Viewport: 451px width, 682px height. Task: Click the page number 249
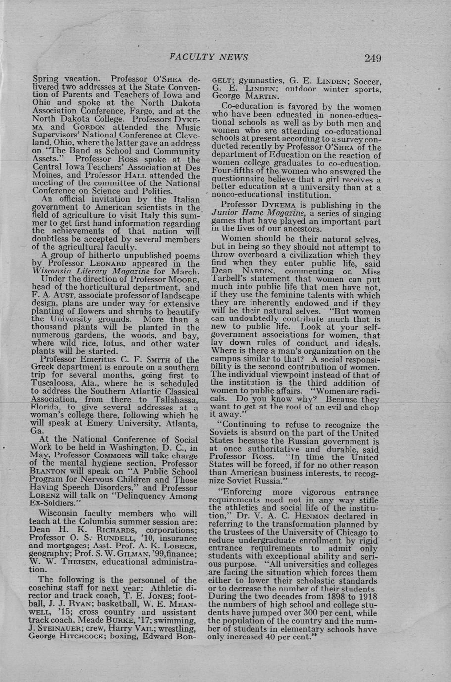tap(373, 58)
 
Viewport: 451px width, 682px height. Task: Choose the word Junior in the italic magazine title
tap(226, 213)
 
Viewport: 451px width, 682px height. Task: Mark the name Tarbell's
tap(230, 279)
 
